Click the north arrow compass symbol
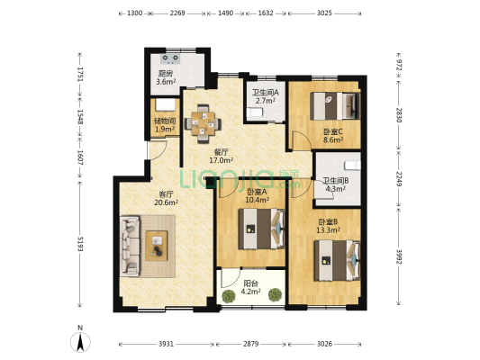coord(80,342)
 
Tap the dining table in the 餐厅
coord(203,123)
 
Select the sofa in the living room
coord(130,246)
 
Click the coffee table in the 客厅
coord(157,246)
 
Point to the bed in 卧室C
coord(335,106)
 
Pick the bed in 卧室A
coord(262,229)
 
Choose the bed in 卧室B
coord(337,260)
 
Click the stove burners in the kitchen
coord(170,58)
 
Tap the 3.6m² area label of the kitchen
coord(166,82)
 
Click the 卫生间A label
coord(265,92)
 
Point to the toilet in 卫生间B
coord(353,166)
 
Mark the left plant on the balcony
coord(228,296)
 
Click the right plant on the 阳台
coord(275,295)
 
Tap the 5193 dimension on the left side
coord(80,244)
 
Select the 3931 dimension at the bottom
coord(166,344)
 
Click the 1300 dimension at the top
coord(135,13)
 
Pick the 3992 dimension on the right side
coord(398,256)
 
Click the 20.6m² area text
coord(167,202)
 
